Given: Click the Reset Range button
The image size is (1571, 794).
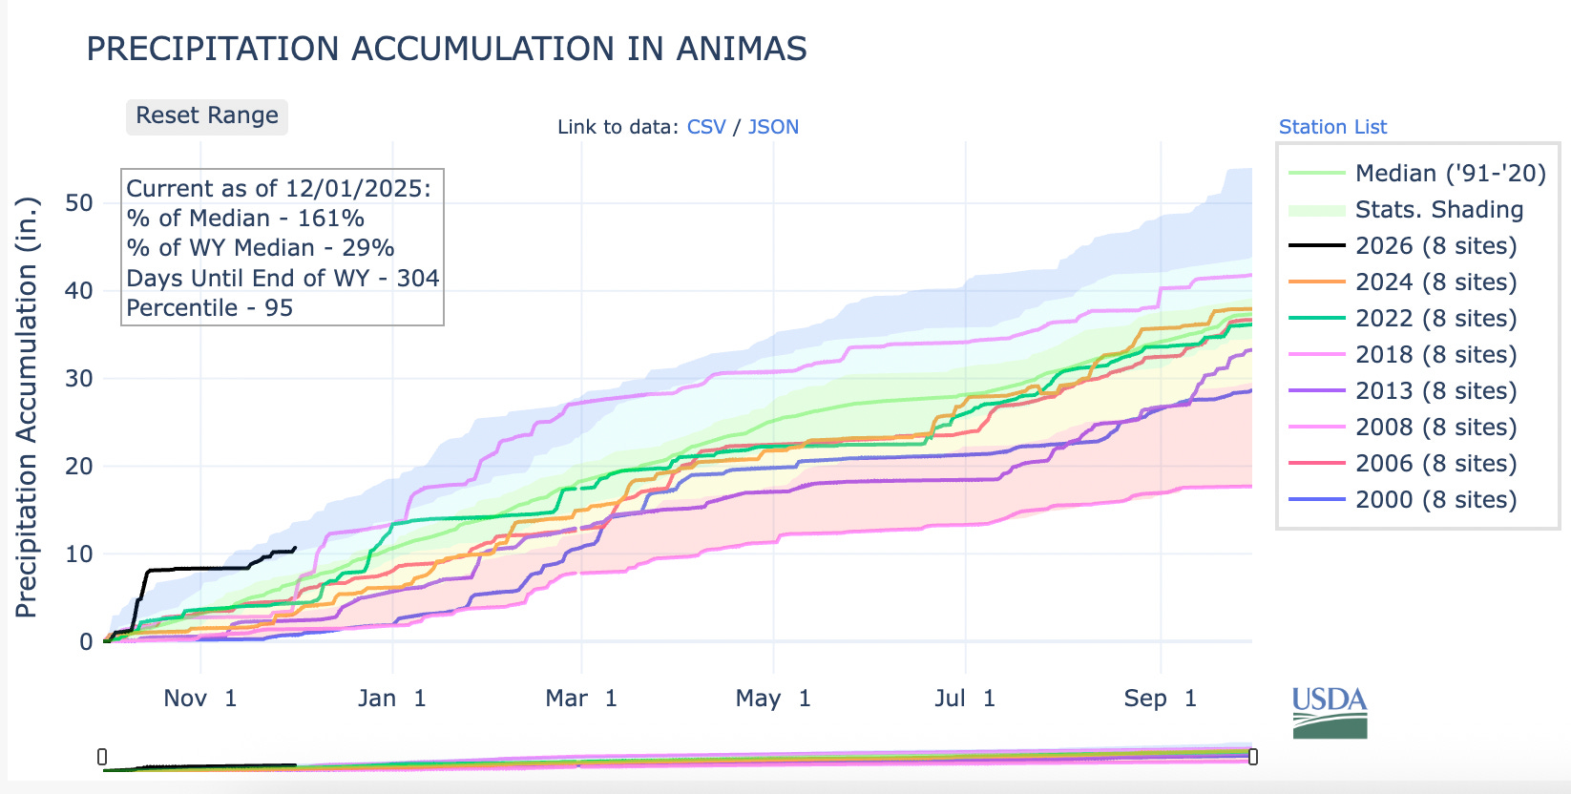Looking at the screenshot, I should coord(207,116).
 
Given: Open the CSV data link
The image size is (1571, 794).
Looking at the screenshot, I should coord(706,127).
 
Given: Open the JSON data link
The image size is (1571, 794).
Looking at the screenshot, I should coord(773,127).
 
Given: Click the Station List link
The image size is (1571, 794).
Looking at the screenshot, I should coord(1332,127).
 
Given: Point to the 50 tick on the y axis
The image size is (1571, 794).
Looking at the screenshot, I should coord(79,203).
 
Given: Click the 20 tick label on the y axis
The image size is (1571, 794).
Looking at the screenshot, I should coord(79,467).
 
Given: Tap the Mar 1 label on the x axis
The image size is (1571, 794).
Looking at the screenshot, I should coord(581,699).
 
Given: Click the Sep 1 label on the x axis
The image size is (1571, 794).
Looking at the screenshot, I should coord(1160,699).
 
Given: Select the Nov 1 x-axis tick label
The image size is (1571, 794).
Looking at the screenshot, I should coord(199,699).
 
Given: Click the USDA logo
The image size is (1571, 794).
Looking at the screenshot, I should coord(1330,713).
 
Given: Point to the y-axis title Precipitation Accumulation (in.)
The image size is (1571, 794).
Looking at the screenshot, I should coord(27,407).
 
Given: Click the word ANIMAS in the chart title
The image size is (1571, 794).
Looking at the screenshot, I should coord(742,49).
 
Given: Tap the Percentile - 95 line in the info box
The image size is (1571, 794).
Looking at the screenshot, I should coord(210,308).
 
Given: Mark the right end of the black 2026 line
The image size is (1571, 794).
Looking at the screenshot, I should coord(295,548).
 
